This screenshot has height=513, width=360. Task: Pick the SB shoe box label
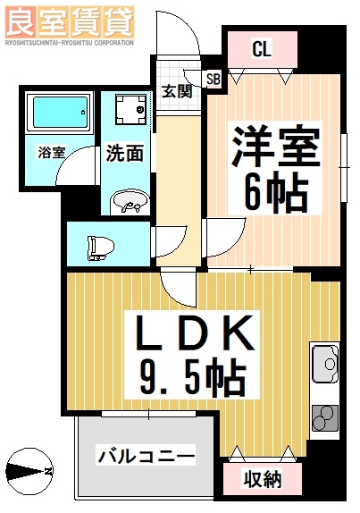click(x=213, y=79)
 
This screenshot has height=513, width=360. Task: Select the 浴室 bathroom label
click(x=50, y=152)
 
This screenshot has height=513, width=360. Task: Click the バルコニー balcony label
click(x=145, y=456)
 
